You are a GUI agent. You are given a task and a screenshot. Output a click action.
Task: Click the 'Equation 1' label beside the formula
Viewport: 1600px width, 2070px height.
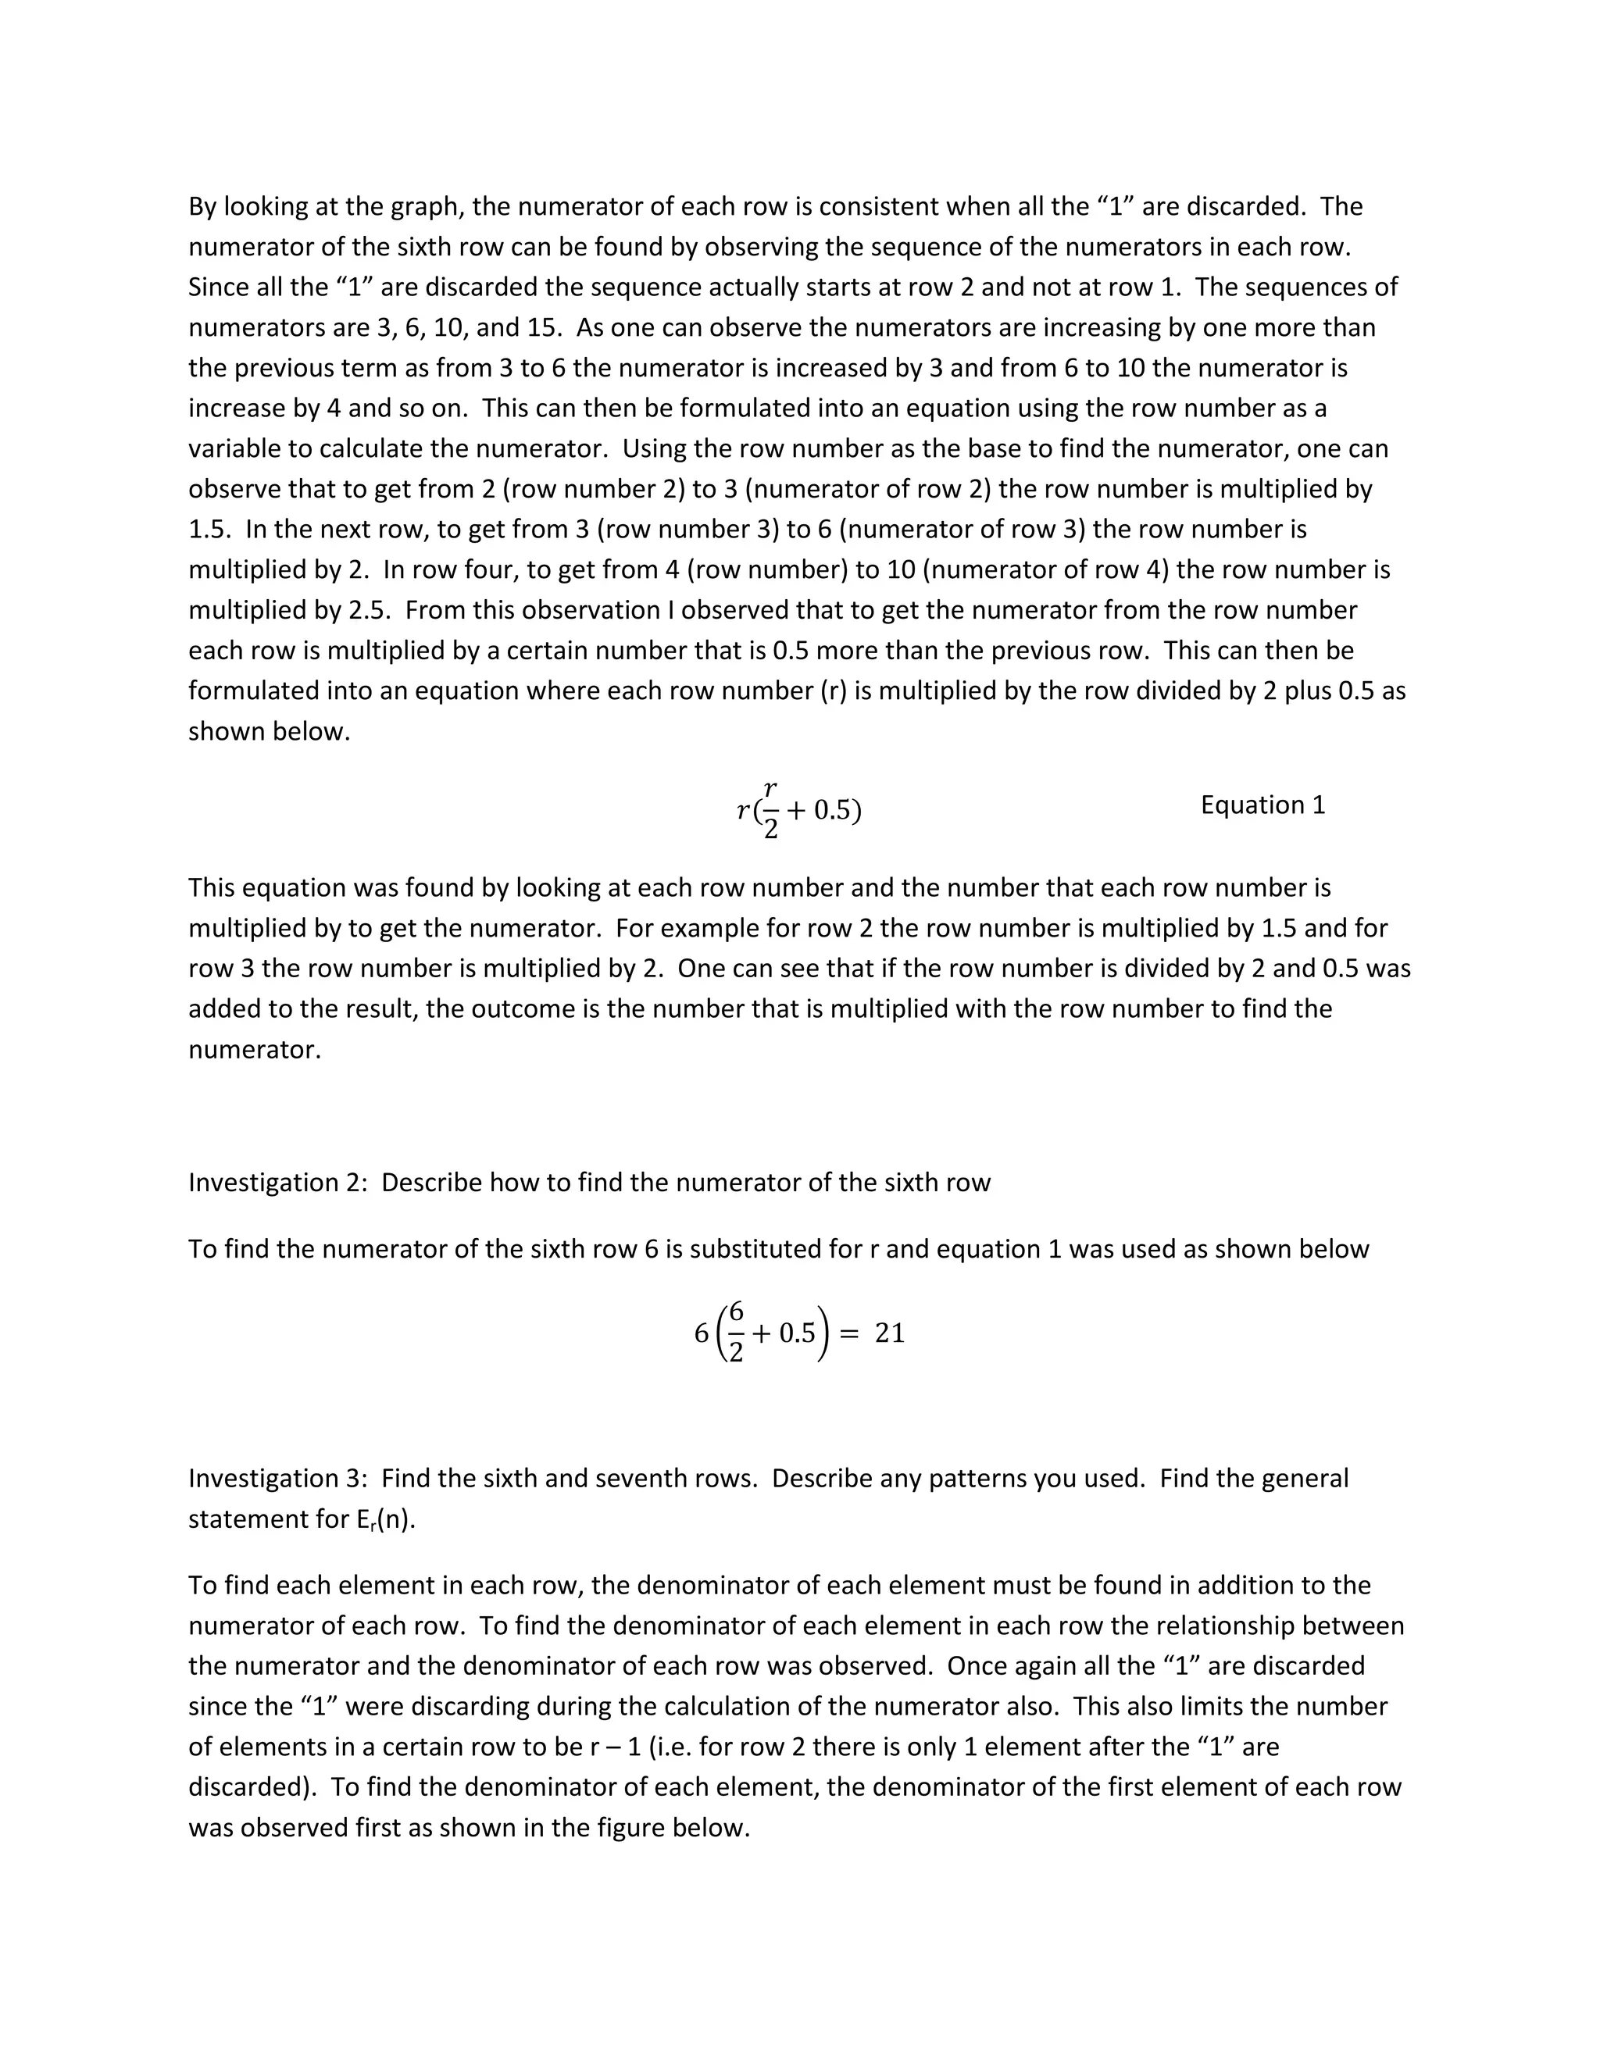click(1262, 805)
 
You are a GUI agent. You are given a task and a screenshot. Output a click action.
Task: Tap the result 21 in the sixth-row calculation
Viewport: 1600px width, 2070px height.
click(889, 1333)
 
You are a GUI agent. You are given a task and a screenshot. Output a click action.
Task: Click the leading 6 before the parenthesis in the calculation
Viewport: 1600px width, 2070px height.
click(702, 1333)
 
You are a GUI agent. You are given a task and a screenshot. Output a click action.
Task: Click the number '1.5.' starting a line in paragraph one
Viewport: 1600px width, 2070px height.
click(209, 529)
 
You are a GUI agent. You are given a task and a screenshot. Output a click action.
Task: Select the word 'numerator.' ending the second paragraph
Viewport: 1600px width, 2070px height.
click(254, 1049)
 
